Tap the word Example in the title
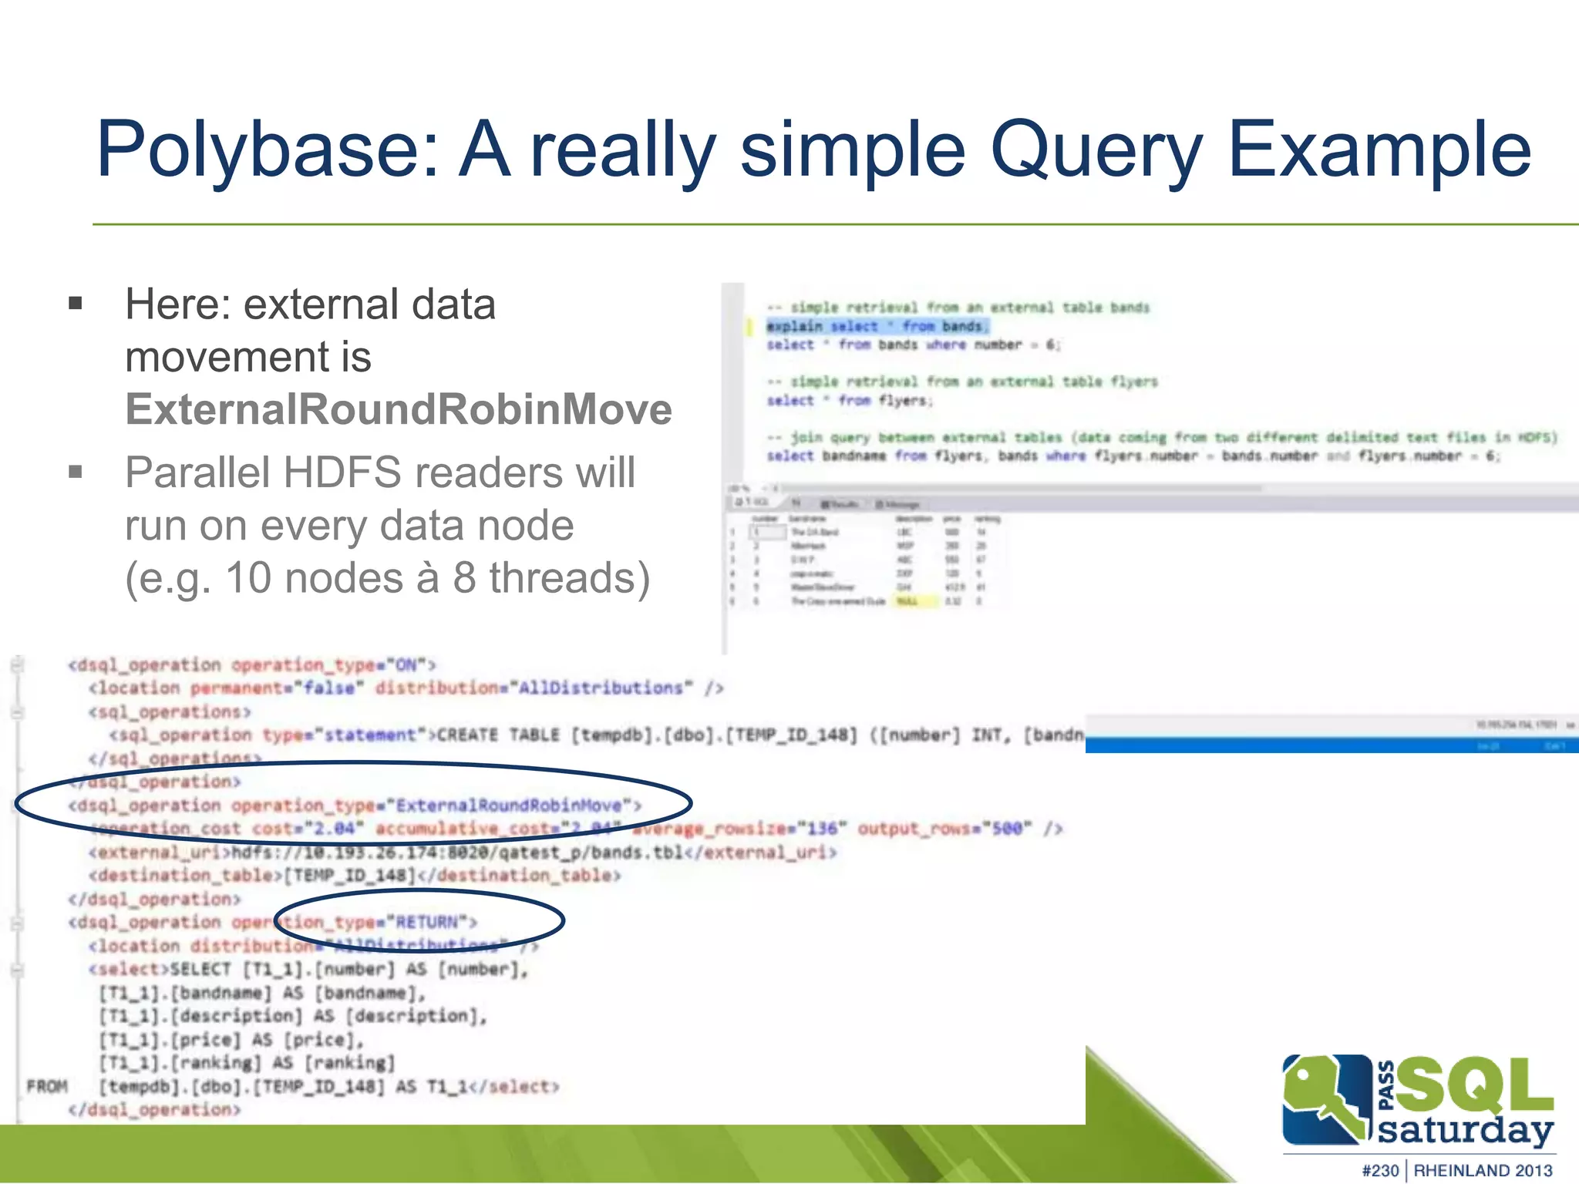[x=1379, y=150]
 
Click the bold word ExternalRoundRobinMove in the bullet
[x=399, y=409]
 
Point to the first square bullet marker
[x=76, y=303]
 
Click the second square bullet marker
[x=76, y=471]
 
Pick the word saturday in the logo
[x=1464, y=1130]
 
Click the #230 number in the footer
[x=1379, y=1170]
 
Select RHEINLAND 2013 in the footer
[x=1483, y=1170]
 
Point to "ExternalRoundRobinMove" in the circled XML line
[x=509, y=806]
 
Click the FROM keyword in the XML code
[x=47, y=1086]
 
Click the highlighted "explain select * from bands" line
[x=875, y=326]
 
